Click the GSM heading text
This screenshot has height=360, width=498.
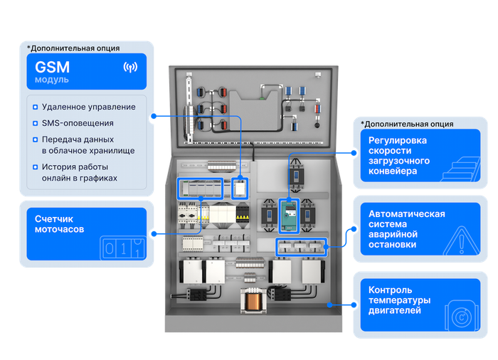[x=52, y=67]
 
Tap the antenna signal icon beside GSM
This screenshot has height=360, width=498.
[x=130, y=67]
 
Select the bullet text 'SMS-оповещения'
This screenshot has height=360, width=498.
[x=78, y=123]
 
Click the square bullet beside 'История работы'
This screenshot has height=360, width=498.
[x=36, y=167]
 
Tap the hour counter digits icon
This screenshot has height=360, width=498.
[x=123, y=248]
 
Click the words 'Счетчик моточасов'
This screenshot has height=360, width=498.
[x=59, y=224]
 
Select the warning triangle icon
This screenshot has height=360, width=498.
[x=461, y=241]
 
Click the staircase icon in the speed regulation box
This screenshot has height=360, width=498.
[x=460, y=169]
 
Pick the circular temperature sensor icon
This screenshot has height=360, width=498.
[x=462, y=317]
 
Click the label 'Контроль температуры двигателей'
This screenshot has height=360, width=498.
[x=400, y=300]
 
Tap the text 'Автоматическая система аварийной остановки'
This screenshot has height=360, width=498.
[x=406, y=229]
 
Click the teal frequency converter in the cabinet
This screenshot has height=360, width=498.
[x=289, y=216]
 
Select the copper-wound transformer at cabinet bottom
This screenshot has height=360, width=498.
[x=253, y=300]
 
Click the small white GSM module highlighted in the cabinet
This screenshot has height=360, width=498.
[x=240, y=189]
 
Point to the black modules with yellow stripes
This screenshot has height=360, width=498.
[x=243, y=213]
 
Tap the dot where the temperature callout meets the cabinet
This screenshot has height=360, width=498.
[x=330, y=305]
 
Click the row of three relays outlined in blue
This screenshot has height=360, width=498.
[x=301, y=247]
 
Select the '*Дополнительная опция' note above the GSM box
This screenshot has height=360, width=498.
[x=73, y=48]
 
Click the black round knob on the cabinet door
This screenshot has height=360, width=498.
[x=317, y=125]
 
